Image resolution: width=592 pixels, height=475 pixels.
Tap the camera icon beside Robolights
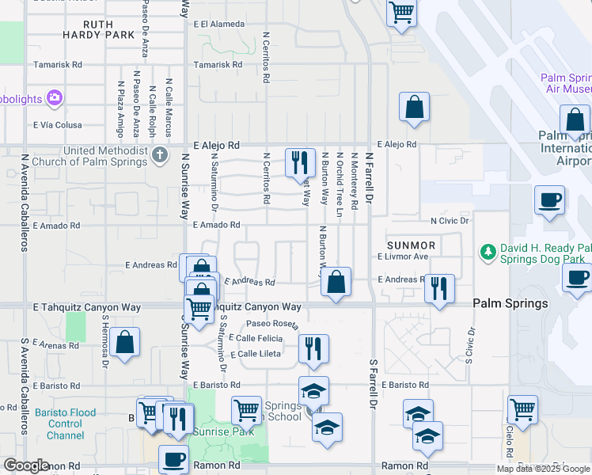[x=55, y=99]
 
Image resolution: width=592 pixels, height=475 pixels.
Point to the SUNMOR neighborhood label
[x=411, y=245]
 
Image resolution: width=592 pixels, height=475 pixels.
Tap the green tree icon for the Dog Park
[x=488, y=252]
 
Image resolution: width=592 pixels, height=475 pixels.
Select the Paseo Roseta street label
[x=272, y=324]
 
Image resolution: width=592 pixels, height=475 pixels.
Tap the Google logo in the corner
[x=26, y=465]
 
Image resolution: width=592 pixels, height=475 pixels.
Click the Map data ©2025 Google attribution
[x=543, y=469]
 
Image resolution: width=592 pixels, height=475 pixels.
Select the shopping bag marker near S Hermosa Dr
[x=125, y=343]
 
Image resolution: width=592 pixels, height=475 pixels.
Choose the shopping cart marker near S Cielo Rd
[x=522, y=409]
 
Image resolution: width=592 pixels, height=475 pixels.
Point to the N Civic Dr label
[x=450, y=221]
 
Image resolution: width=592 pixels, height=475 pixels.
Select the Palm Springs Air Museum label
[x=565, y=83]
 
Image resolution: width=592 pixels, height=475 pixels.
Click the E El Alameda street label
[x=218, y=25]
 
